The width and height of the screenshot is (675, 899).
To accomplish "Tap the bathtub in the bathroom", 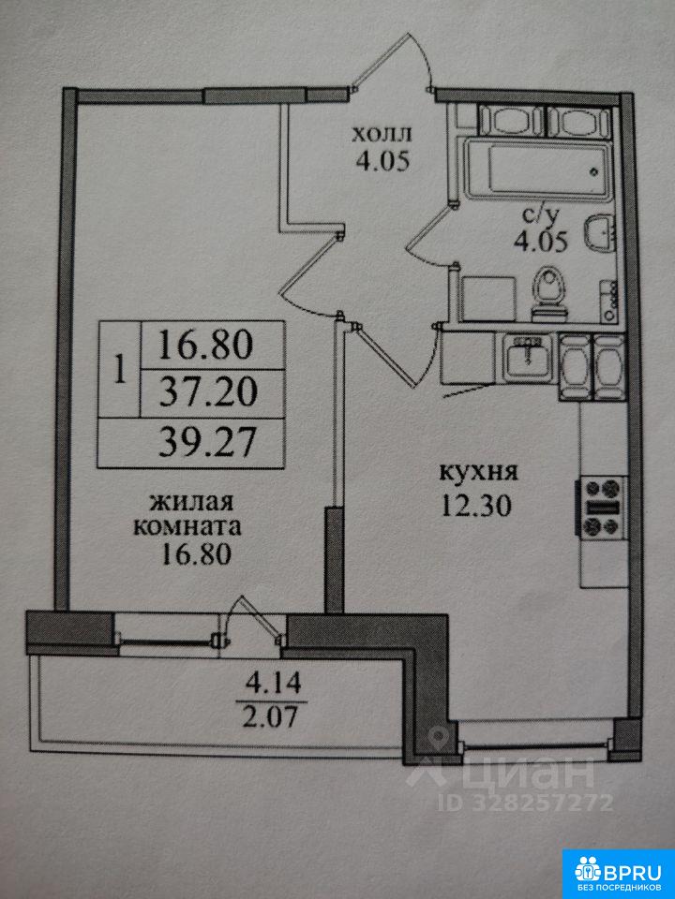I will coord(537,170).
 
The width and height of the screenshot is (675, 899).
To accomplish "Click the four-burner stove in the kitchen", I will coord(603,507).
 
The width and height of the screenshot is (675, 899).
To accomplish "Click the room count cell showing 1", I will coord(119,370).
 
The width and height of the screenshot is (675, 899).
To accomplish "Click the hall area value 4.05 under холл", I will coord(382,161).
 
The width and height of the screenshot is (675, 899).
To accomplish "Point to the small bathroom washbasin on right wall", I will coord(596,234).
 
